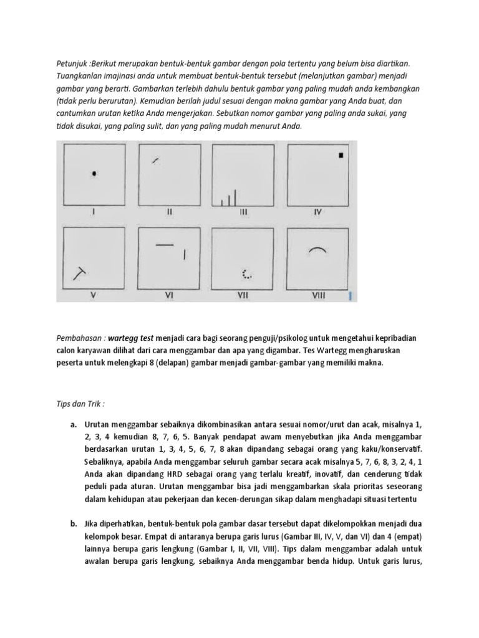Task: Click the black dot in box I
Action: click(x=94, y=174)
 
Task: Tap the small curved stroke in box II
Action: click(x=155, y=160)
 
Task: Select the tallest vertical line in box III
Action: click(x=236, y=196)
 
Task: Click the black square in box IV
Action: click(x=341, y=156)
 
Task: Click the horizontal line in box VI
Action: click(x=164, y=244)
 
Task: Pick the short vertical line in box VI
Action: click(x=184, y=254)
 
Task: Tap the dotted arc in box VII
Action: click(x=247, y=274)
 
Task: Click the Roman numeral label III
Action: click(x=244, y=212)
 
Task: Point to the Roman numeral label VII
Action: click(x=243, y=297)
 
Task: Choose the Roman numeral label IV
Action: click(x=318, y=212)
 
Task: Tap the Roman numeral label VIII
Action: click(x=318, y=297)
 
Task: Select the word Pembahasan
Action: click(x=79, y=338)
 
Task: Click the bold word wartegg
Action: click(x=122, y=338)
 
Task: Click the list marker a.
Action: click(x=73, y=425)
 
